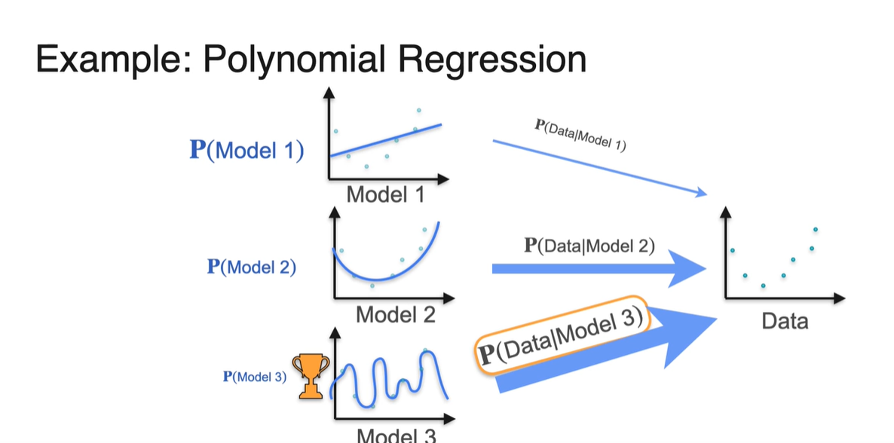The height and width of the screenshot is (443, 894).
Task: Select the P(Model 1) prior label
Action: [x=246, y=150]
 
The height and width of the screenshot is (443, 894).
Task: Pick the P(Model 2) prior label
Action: [x=251, y=267]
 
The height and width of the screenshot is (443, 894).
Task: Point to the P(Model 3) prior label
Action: [x=256, y=377]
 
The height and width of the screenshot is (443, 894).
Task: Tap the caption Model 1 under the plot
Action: [x=385, y=194]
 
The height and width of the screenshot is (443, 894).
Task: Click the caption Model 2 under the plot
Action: [x=395, y=313]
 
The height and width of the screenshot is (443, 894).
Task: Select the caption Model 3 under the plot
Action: [x=395, y=435]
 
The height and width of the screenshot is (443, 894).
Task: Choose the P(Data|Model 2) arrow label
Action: [x=589, y=245]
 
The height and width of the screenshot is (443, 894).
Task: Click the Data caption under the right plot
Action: [x=785, y=322]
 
